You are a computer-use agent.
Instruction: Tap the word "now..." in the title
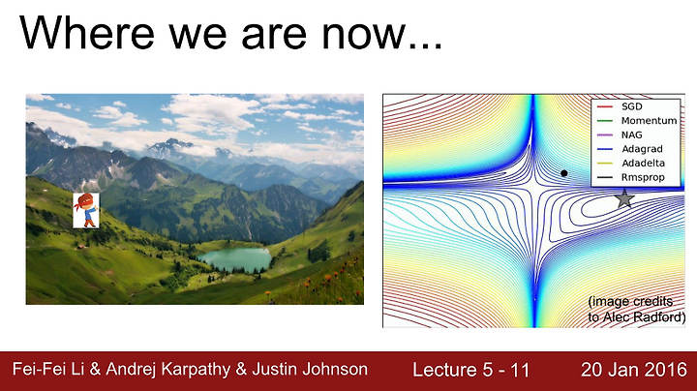381,36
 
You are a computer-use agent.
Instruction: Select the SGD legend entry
620,106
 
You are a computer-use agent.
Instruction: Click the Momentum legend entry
637,121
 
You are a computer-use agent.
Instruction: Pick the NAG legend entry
620,135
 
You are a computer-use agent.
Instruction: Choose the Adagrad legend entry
630,149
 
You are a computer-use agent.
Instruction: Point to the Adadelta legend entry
631,163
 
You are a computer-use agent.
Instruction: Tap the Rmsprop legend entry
631,177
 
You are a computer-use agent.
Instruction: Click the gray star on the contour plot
624,198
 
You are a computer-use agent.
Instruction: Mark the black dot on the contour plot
564,173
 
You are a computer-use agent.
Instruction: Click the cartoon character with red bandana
86,210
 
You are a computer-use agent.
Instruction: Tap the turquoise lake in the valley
234,259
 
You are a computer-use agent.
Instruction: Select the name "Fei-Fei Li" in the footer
48,369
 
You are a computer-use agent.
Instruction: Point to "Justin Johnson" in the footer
310,369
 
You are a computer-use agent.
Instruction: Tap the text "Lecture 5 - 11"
470,370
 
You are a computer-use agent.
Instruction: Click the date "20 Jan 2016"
634,370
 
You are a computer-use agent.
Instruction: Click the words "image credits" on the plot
631,302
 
